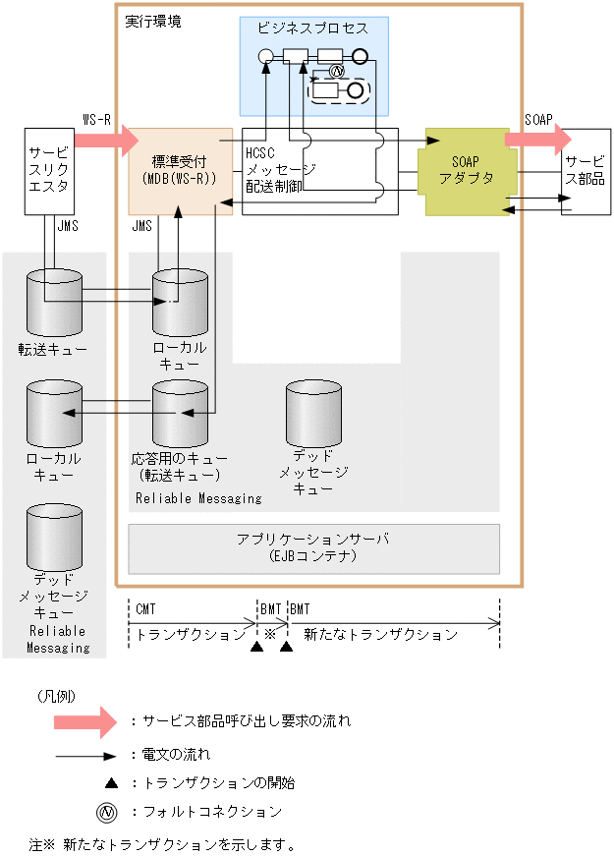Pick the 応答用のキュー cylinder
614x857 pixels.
[x=180, y=412]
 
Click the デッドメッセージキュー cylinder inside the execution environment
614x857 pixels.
[x=313, y=412]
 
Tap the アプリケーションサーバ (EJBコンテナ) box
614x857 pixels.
[x=313, y=547]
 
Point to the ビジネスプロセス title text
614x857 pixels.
[x=313, y=29]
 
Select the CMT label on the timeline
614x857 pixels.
[x=145, y=609]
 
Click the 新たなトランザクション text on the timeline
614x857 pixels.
[x=380, y=635]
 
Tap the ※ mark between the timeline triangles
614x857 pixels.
[x=270, y=634]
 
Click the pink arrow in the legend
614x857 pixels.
[x=85, y=720]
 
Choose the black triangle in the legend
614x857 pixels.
[x=111, y=782]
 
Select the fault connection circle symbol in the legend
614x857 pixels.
[x=107, y=812]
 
